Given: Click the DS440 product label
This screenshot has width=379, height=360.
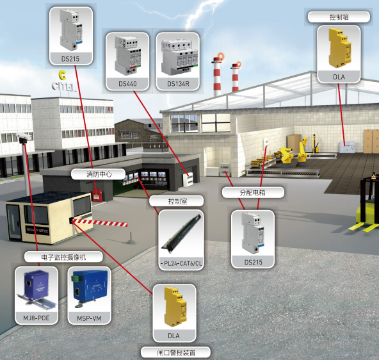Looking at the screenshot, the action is tap(127, 84).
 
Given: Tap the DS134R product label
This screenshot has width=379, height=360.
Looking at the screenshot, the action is tap(178, 84).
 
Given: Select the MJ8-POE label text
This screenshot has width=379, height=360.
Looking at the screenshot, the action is tap(36, 318).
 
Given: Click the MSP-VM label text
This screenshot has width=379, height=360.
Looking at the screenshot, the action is tap(89, 318).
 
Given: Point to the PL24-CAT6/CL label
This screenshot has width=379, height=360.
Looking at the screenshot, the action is tap(181, 263).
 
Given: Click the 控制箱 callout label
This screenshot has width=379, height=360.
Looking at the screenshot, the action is tap(339, 17).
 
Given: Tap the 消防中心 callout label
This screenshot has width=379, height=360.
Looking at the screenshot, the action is tap(99, 174).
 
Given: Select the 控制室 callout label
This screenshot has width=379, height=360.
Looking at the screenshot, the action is tap(177, 201).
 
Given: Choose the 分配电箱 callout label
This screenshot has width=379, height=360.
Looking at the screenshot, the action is tap(253, 192).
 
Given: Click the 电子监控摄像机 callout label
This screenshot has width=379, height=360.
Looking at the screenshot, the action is tap(63, 257).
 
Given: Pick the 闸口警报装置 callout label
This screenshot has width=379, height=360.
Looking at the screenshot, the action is tap(175, 352).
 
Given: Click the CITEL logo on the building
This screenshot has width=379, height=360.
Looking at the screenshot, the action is tap(63, 81).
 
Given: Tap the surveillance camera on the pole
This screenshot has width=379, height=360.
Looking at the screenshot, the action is tap(23, 137).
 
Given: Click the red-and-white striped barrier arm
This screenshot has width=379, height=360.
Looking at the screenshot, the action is tap(99, 222).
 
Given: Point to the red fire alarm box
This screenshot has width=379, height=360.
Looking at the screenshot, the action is tap(97, 195).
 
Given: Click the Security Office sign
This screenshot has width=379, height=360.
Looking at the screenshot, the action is tap(37, 231).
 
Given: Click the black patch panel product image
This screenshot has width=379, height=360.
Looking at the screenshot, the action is tap(182, 233).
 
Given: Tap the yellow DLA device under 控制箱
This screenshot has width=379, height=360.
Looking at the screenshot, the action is tap(339, 48).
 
